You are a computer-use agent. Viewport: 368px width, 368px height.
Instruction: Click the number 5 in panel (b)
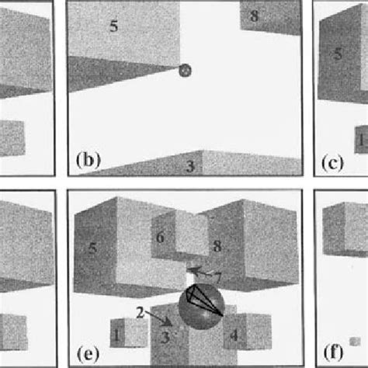point(114,26)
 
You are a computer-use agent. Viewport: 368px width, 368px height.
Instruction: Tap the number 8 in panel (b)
point(254,16)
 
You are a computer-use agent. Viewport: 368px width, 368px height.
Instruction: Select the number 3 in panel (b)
point(190,166)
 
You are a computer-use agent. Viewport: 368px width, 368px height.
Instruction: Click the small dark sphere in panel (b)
point(185,71)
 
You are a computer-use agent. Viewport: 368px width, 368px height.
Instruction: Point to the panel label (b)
point(88,160)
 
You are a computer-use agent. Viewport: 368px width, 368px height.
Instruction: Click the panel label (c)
point(333,162)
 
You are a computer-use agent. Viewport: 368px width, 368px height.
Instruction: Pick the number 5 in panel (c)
point(338,54)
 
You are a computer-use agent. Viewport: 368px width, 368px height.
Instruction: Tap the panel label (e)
point(88,354)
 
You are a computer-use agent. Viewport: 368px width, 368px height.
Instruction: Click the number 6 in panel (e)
point(160,238)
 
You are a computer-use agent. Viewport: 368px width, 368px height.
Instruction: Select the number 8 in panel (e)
point(217,246)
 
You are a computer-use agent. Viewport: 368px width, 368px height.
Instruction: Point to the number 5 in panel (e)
point(92,248)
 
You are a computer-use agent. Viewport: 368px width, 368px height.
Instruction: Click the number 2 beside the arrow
point(140,313)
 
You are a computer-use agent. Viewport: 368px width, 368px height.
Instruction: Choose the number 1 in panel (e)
point(116,335)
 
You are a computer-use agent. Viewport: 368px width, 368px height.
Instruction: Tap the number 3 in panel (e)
point(165,337)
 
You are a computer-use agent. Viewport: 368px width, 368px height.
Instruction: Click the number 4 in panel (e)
point(234,335)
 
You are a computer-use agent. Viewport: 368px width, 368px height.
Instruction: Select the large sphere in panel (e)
point(201,307)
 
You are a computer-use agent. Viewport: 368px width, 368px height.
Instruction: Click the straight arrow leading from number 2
point(158,319)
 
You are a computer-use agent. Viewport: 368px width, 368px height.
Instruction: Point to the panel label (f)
point(333,352)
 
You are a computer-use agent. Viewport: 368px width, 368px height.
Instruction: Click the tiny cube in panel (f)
point(355,342)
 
